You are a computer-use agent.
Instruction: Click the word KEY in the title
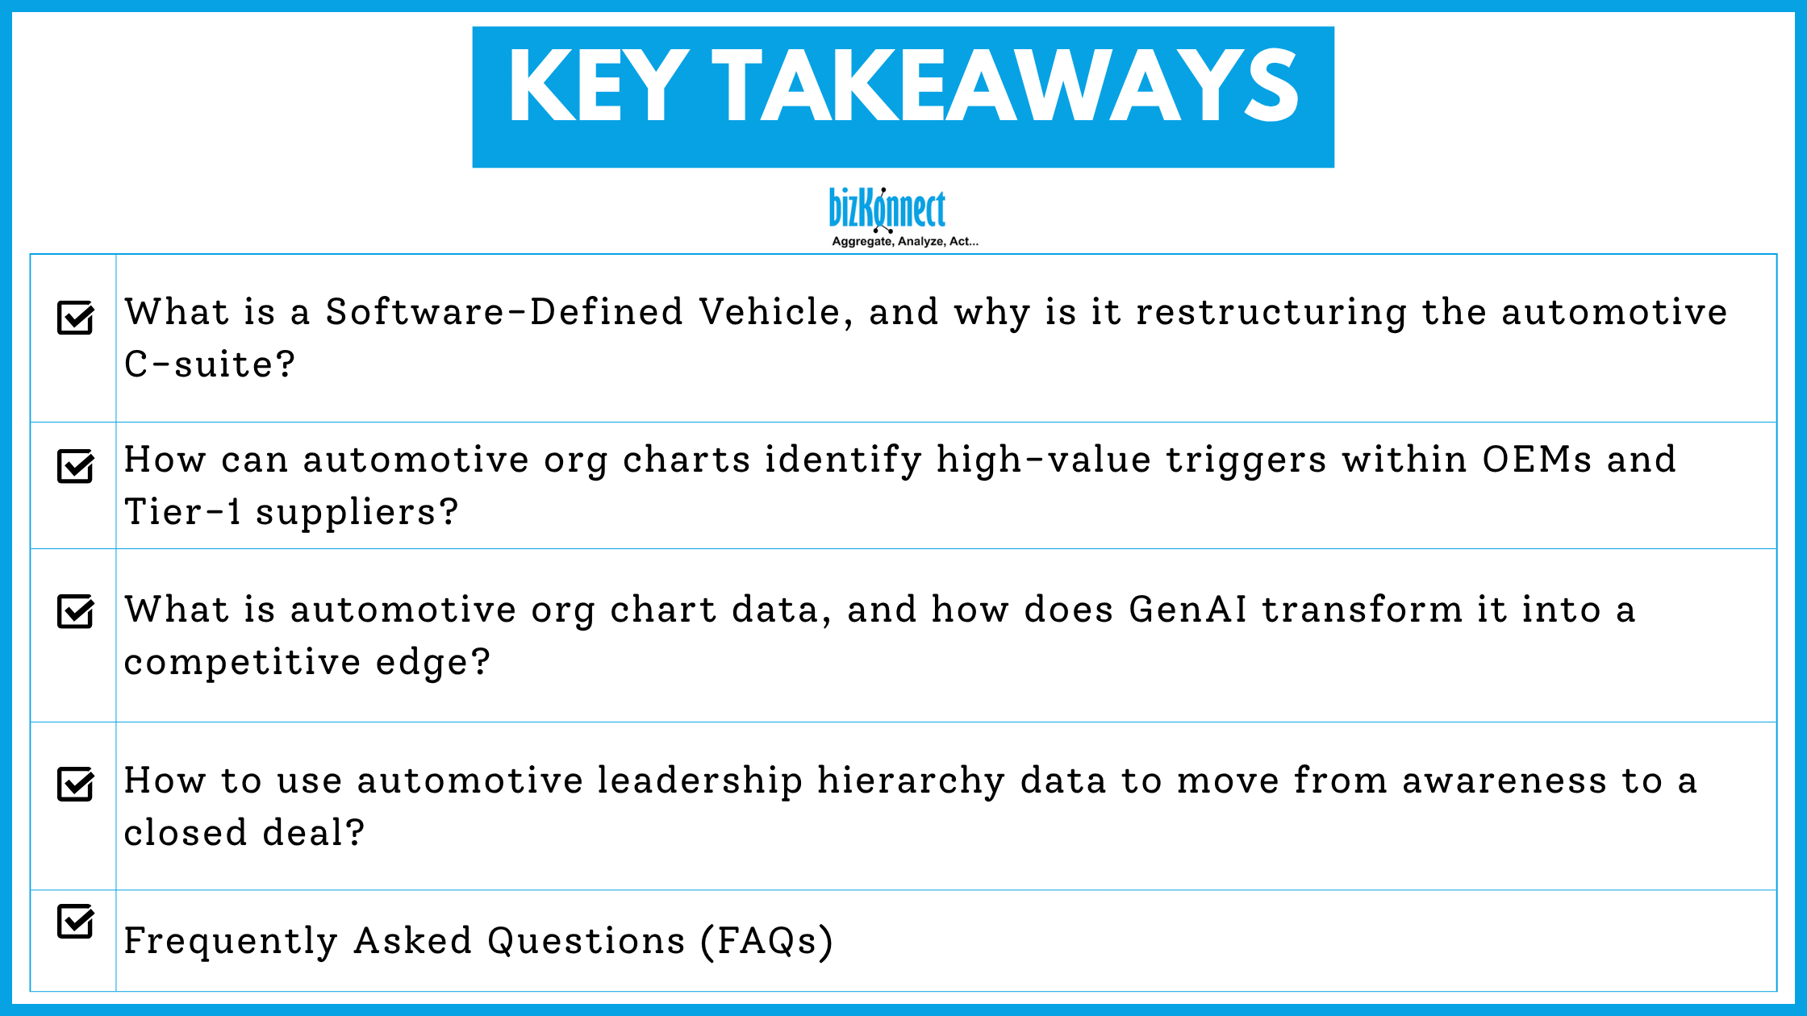click(x=599, y=86)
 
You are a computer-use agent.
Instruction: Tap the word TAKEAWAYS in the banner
click(x=1005, y=86)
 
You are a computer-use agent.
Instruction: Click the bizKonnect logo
click(x=887, y=210)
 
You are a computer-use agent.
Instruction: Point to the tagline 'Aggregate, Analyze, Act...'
click(x=905, y=241)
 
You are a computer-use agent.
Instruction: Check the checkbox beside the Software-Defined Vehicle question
click(x=76, y=318)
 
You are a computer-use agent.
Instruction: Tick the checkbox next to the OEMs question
click(x=76, y=466)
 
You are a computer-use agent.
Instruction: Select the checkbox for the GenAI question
click(x=76, y=611)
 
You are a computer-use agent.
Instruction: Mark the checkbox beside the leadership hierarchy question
click(x=76, y=784)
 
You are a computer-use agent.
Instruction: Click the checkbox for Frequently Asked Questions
click(x=76, y=921)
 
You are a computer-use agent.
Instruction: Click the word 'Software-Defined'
click(x=504, y=312)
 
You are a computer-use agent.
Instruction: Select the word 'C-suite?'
click(x=210, y=364)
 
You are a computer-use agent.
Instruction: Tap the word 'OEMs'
click(x=1537, y=460)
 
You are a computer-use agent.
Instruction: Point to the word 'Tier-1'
click(x=183, y=512)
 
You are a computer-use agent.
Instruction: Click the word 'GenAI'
click(x=1187, y=610)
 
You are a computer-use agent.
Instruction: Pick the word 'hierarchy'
click(x=911, y=781)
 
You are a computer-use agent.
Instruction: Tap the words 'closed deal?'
click(x=244, y=833)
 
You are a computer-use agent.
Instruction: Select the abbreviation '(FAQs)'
click(x=766, y=941)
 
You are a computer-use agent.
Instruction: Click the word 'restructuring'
click(x=1271, y=312)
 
